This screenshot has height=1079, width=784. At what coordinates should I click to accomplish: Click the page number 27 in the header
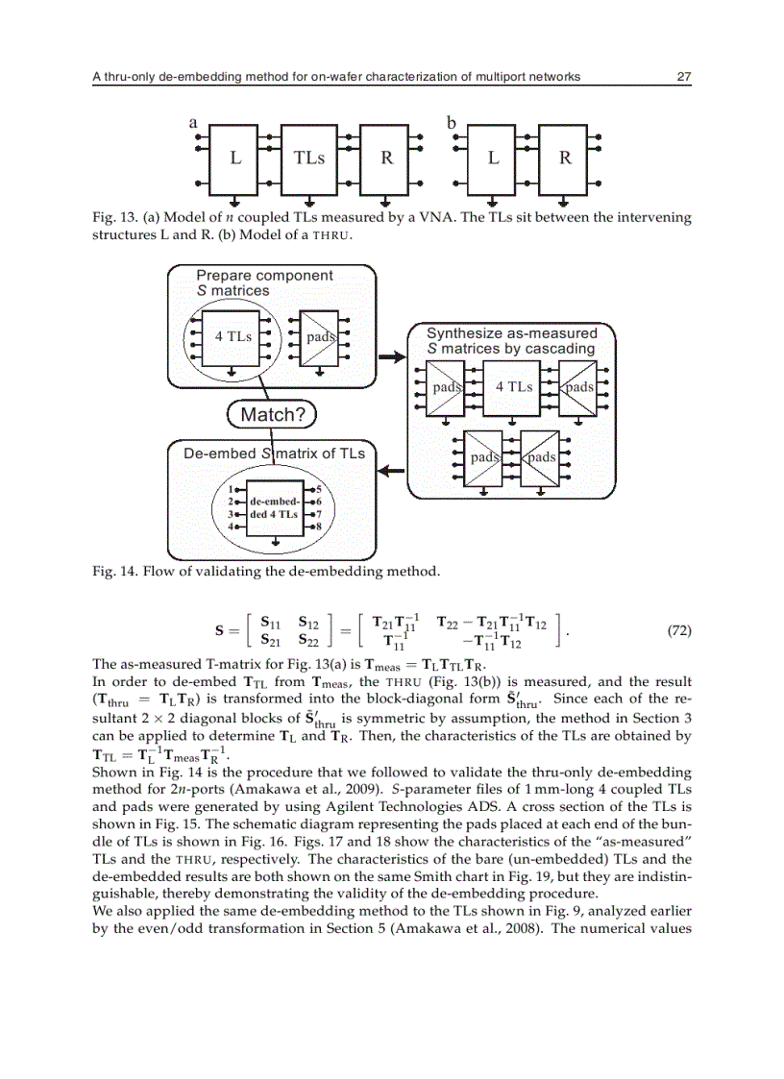[683, 77]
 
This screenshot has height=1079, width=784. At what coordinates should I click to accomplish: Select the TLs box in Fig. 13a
[308, 158]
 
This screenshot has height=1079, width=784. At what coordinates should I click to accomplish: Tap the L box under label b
[493, 158]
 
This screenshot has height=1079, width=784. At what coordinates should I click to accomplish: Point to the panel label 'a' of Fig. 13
[192, 122]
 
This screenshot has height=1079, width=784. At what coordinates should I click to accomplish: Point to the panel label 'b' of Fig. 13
[451, 122]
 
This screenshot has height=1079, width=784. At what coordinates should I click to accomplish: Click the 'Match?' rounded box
[271, 415]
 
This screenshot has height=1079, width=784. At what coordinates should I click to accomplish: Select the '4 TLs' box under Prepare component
[233, 337]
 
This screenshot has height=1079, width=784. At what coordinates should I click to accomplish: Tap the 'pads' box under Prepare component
[318, 337]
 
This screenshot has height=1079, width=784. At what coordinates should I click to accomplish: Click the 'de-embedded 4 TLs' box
[275, 508]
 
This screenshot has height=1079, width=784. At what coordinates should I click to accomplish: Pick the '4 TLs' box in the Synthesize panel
[513, 387]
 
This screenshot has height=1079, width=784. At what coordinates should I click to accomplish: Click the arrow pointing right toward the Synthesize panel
[393, 357]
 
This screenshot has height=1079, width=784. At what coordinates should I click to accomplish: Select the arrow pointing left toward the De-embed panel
[389, 471]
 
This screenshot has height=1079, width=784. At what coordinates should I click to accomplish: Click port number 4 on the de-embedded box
[231, 527]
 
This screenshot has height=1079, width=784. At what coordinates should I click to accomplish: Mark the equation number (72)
[678, 631]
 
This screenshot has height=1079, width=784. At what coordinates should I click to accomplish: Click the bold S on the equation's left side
[221, 632]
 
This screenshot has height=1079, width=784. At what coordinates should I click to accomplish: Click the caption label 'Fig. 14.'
[115, 573]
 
